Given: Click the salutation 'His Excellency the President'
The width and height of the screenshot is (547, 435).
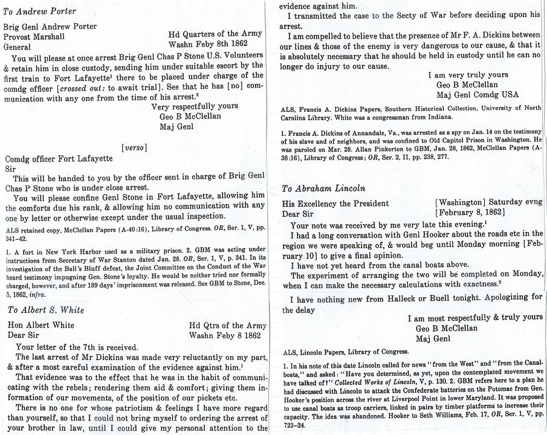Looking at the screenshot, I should click(335, 204).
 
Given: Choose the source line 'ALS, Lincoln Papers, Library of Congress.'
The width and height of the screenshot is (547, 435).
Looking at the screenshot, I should click(346, 352).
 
